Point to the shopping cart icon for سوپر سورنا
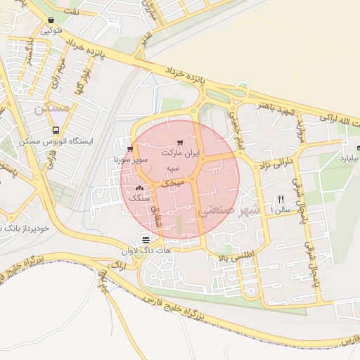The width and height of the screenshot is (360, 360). (x=131, y=148)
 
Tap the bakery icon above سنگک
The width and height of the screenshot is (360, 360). (x=140, y=188)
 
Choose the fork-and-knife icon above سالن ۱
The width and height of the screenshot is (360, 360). (x=281, y=198)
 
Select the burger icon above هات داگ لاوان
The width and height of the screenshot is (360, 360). (x=145, y=240)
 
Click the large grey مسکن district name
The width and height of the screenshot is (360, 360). (x=52, y=108)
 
